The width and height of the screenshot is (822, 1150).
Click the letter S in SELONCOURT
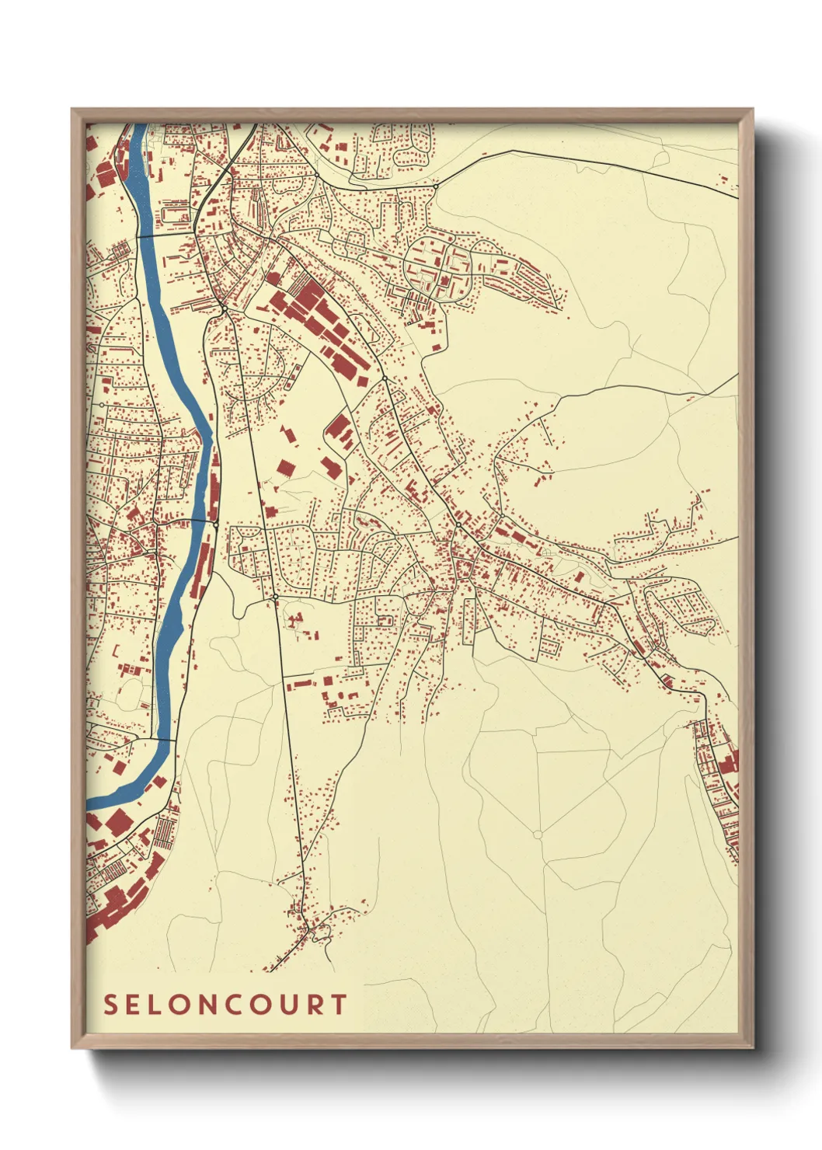point(110,1005)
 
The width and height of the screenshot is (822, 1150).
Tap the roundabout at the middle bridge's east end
point(215,525)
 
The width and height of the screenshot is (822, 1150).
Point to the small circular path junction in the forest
point(537,835)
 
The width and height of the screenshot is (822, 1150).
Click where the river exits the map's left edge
point(88,801)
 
